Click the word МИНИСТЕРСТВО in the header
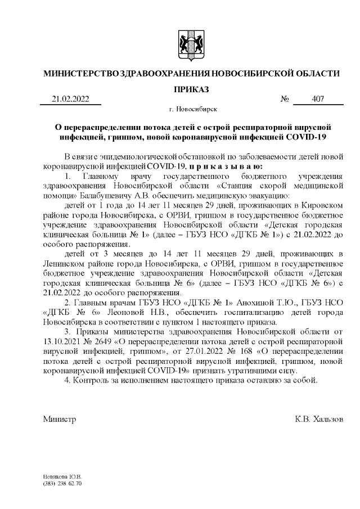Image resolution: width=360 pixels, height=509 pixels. tap(81, 74)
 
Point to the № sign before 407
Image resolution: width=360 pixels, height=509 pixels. tap(285, 100)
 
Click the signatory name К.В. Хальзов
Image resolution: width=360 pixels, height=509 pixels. tap(318, 420)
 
